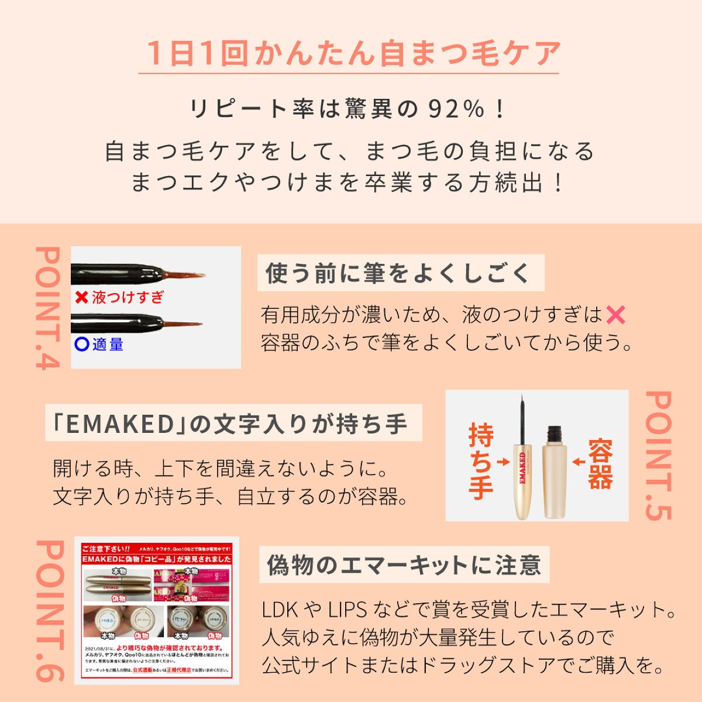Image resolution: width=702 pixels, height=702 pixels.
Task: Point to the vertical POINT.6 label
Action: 49,610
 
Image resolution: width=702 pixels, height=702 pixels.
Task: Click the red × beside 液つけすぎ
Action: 81,297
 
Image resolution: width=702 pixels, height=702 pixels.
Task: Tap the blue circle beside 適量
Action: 81,344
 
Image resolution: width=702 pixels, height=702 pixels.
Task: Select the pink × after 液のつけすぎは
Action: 615,315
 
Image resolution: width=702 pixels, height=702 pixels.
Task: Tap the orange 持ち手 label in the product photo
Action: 480,462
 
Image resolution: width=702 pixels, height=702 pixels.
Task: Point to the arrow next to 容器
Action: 578,462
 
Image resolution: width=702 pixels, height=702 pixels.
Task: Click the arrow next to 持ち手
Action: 503,462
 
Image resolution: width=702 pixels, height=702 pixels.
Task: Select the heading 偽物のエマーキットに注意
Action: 404,565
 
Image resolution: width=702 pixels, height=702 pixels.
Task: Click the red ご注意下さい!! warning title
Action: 106,549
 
